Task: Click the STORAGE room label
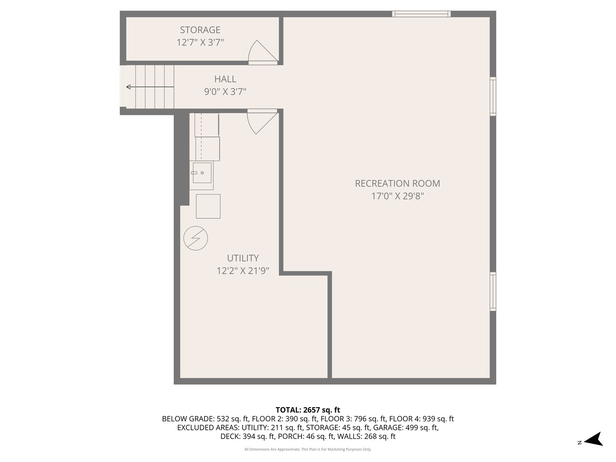coord(200,30)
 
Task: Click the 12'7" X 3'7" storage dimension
coord(200,42)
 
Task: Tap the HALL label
coord(225,79)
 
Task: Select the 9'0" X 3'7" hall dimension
coord(225,92)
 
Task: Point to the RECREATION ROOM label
coord(397,184)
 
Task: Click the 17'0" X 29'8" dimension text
coord(397,196)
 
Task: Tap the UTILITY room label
coord(243,258)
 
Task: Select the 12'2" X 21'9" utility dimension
coord(243,271)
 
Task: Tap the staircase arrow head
coord(128,87)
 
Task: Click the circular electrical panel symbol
coord(195,238)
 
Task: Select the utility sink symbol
coord(201,173)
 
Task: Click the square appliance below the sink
coord(208,206)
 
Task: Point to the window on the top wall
coord(421,14)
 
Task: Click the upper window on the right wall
coord(493,96)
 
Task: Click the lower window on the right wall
coord(493,291)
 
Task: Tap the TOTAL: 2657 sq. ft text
coord(308,410)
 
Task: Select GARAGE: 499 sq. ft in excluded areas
coord(406,427)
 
